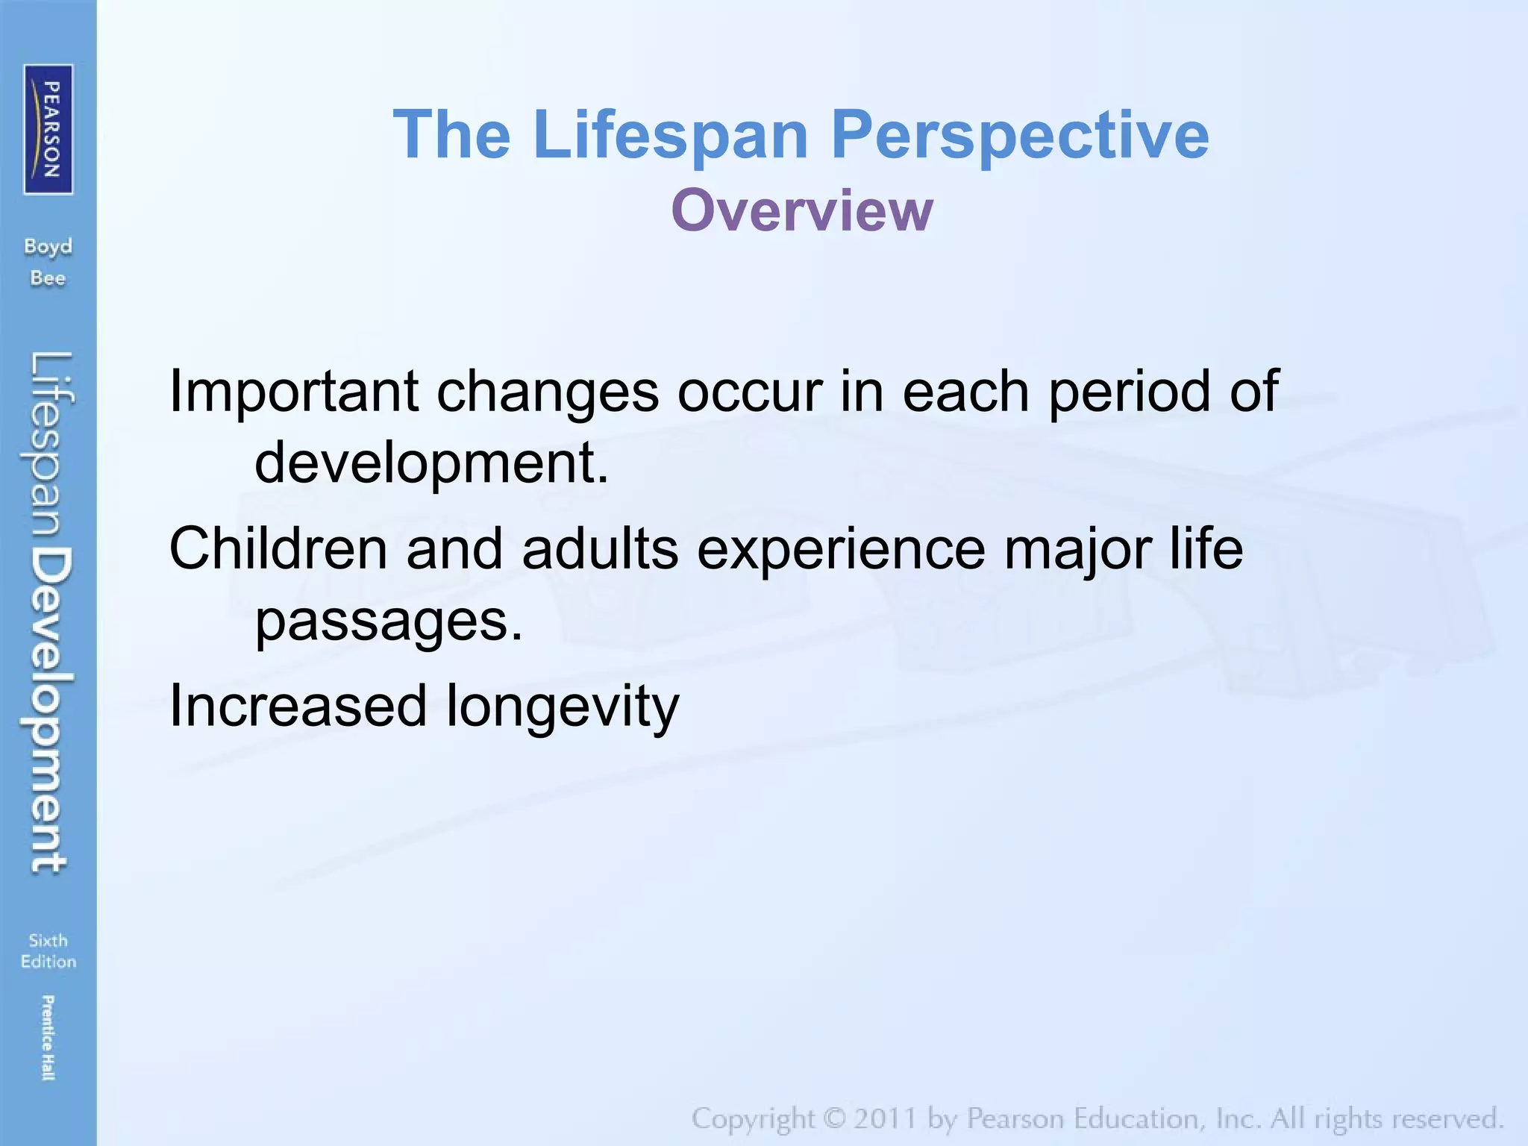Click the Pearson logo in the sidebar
48,129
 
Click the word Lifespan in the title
670,135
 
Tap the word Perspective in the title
1019,135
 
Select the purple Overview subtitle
801,211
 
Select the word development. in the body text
432,463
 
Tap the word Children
278,548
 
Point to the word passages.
389,621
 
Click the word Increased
298,706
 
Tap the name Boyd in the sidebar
48,247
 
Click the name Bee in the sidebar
48,278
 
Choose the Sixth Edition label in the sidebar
48,951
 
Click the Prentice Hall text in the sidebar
48,1037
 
